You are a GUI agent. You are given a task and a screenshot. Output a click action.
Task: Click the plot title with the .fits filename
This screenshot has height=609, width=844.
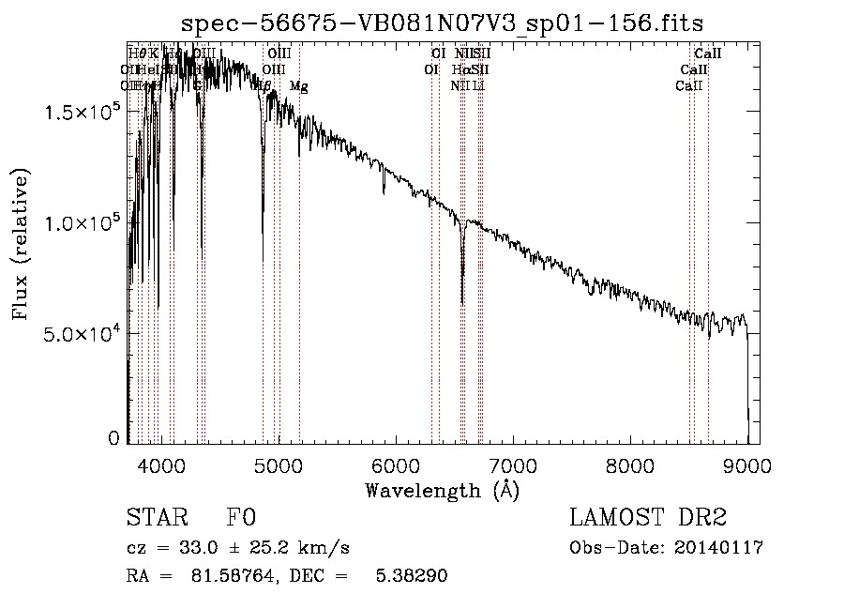pos(443,23)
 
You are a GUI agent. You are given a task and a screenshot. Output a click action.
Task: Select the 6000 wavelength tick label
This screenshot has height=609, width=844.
pos(396,464)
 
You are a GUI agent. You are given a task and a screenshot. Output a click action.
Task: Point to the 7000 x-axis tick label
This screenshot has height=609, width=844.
pos(513,464)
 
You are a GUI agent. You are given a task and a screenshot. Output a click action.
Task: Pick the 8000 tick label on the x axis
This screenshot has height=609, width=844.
pos(630,464)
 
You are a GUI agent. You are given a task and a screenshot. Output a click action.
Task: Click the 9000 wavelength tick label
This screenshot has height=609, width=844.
pos(747,464)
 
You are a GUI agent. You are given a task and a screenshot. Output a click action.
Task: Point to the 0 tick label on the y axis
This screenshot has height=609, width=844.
pos(113,438)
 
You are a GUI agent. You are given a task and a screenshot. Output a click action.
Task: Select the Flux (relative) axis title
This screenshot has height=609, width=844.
pos(21,244)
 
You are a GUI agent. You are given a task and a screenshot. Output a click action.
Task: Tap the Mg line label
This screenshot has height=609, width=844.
pos(298,86)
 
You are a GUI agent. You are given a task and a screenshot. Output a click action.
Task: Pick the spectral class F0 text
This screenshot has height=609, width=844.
pos(241,518)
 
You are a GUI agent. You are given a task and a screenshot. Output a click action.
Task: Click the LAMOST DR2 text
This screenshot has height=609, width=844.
pos(648,518)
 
